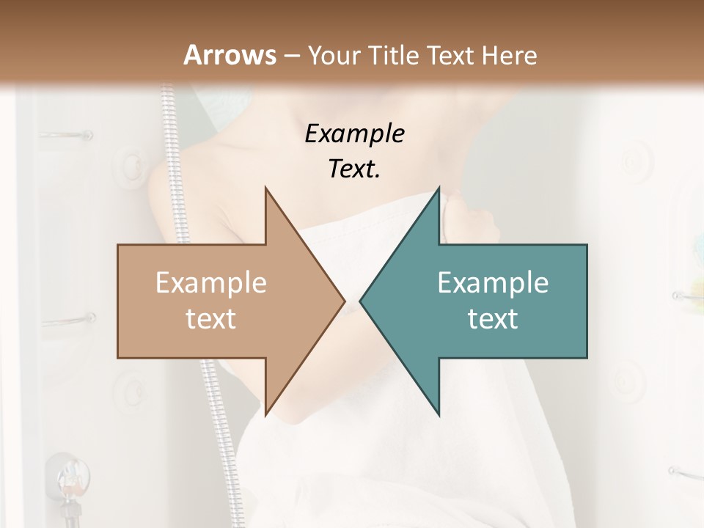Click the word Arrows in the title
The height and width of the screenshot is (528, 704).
click(230, 55)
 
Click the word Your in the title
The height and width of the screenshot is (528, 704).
click(334, 55)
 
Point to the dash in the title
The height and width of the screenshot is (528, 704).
click(292, 56)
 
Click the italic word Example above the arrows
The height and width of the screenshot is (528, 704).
click(354, 134)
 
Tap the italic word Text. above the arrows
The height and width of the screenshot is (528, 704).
click(354, 169)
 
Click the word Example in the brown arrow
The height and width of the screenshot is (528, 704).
click(211, 283)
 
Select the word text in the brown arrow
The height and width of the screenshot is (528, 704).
click(211, 318)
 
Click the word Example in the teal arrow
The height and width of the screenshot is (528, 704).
click(493, 283)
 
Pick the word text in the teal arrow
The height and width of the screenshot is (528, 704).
click(493, 318)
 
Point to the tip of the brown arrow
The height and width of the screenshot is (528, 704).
click(344, 301)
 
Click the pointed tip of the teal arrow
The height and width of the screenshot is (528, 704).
click(360, 301)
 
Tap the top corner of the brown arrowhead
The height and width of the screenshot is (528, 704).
click(265, 188)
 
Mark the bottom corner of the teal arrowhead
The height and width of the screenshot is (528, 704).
click(439, 414)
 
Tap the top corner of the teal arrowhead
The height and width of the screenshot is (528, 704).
click(439, 188)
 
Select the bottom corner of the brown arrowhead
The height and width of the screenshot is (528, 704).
click(265, 414)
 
